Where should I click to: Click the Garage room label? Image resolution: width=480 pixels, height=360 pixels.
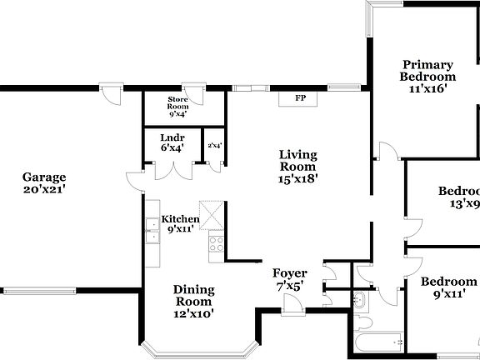pos(44,183)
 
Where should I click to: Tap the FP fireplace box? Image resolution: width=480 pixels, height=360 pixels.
pos(299,98)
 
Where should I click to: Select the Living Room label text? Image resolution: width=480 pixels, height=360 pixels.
pos(298,166)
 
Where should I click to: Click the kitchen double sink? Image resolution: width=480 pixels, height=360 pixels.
pos(152,231)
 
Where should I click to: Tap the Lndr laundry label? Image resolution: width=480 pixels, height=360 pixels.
pos(172,142)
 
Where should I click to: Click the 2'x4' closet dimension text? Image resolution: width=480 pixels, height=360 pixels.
pos(214,146)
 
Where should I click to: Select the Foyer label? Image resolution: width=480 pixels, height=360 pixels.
pos(290,279)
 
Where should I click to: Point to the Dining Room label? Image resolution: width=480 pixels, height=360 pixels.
pos(193,302)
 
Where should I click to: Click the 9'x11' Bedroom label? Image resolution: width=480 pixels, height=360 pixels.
pos(448,287)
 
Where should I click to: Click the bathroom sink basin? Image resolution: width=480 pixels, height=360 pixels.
pos(360,300)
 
